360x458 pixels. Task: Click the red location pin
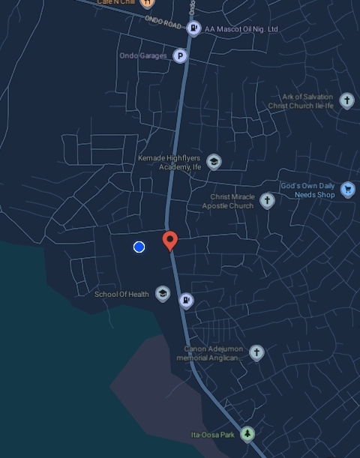(170, 241)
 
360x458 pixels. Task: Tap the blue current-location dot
(139, 247)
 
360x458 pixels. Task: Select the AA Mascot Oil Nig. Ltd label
(241, 29)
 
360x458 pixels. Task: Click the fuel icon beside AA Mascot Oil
(193, 29)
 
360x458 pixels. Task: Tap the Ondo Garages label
(142, 56)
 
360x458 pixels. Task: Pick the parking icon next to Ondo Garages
(180, 56)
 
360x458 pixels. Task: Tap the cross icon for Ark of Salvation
(346, 100)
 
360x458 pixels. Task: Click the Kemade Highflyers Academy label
(169, 163)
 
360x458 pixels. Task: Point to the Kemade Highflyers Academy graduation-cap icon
(214, 162)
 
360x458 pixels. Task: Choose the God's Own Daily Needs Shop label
(307, 190)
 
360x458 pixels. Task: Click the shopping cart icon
(347, 189)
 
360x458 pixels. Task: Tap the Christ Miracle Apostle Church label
(232, 201)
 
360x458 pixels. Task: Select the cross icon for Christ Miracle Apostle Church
(267, 200)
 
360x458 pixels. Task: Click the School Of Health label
(121, 294)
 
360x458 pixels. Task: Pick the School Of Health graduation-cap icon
(162, 293)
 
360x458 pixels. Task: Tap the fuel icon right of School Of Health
(186, 301)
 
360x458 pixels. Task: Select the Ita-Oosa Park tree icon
(247, 435)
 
